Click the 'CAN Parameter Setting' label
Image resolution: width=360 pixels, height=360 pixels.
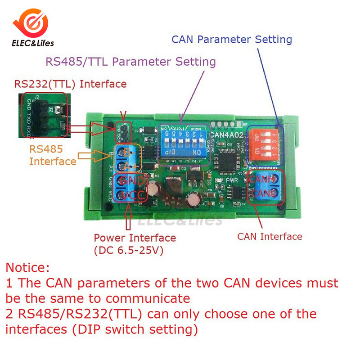232,39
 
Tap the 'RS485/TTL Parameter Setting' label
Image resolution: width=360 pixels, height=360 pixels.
131,62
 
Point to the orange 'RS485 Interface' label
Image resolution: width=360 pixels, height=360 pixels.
46,155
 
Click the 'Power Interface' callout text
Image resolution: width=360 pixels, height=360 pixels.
135,238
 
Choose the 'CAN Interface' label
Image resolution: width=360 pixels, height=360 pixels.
270,236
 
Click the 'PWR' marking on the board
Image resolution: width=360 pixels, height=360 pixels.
232,180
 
